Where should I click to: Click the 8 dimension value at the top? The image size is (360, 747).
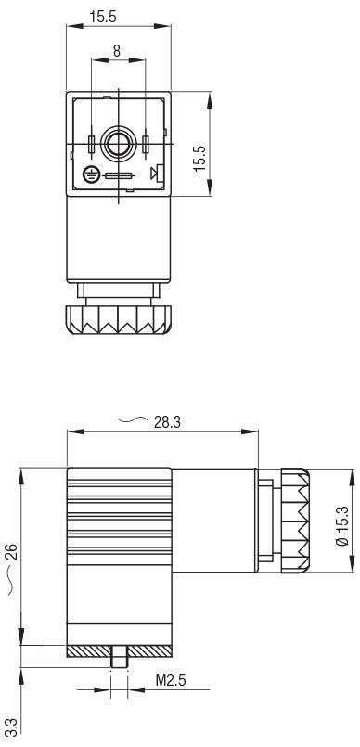pyautogui.click(x=117, y=50)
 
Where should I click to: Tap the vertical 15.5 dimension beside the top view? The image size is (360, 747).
pyautogui.click(x=199, y=158)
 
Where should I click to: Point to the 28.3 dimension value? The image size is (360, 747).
pyautogui.click(x=167, y=422)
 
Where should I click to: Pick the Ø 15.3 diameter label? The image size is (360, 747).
pyautogui.click(x=341, y=525)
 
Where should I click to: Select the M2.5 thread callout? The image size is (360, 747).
pyautogui.click(x=171, y=680)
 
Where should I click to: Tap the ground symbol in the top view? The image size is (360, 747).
pyautogui.click(x=91, y=174)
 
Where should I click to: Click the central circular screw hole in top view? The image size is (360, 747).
pyautogui.click(x=118, y=144)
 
